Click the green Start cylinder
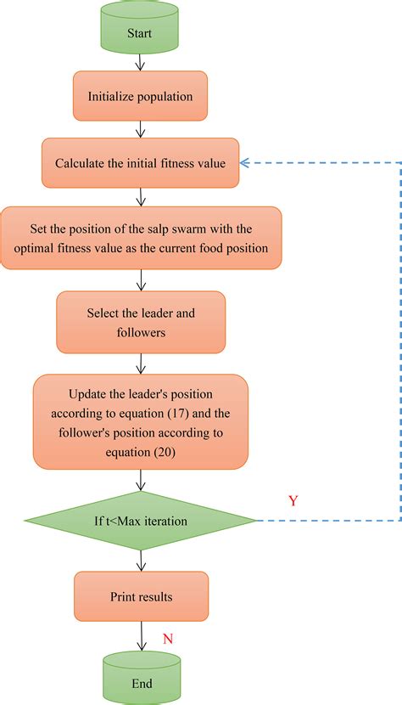coord(141,31)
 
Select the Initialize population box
coord(141,96)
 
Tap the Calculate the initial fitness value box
coord(141,163)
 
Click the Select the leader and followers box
coord(141,322)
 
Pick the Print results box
coord(141,597)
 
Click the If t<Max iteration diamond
coord(141,520)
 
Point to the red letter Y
coord(293,501)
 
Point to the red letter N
coord(168,638)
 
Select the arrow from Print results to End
coord(141,637)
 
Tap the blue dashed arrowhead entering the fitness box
coord(246,162)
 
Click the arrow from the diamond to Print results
coord(141,561)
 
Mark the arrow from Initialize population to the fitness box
coord(141,129)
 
